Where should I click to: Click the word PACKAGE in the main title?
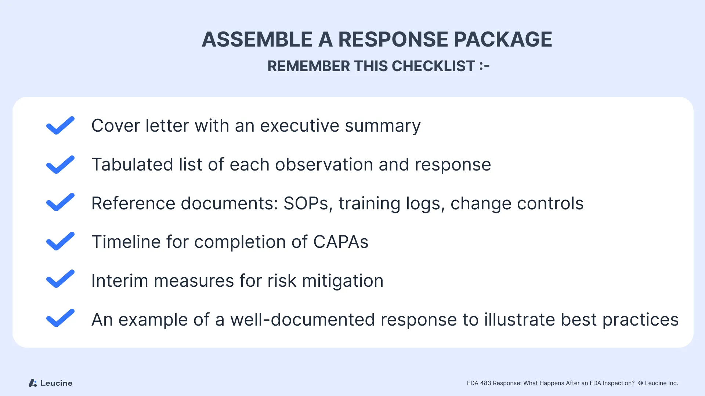[x=503, y=39]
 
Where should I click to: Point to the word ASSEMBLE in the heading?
[x=257, y=39]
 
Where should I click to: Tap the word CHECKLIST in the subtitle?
[x=433, y=66]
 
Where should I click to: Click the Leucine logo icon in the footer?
[x=33, y=383]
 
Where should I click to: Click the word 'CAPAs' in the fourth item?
[x=341, y=242]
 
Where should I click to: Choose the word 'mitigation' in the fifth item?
[x=343, y=281]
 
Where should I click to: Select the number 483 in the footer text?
[x=485, y=383]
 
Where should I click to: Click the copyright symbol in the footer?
[x=641, y=383]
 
